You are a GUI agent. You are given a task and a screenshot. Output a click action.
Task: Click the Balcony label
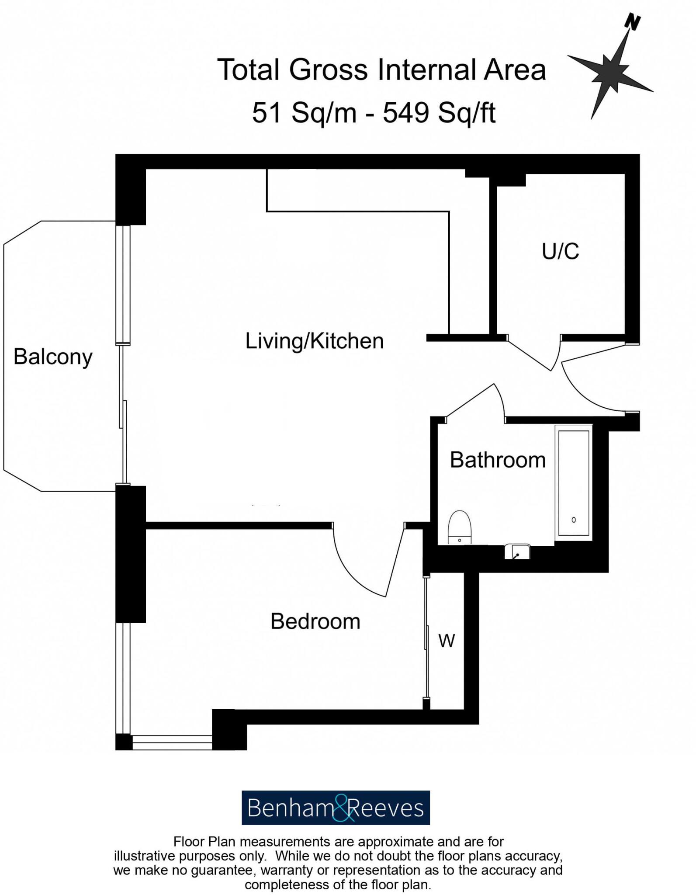point(53,357)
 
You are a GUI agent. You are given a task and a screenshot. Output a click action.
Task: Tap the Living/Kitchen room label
point(314,341)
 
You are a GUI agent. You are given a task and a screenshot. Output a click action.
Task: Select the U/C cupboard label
point(560,251)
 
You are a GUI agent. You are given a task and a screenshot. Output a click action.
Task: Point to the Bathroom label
point(498,460)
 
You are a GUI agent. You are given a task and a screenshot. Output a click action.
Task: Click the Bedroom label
point(315,621)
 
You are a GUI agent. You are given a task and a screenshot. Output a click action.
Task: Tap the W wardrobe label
point(447,641)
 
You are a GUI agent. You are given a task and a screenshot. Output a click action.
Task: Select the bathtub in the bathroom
point(573,483)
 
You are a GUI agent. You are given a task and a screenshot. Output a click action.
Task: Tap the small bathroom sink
point(517,552)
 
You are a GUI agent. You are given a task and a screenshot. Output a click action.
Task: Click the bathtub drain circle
point(574,520)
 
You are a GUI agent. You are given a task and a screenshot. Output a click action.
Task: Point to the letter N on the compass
point(632,22)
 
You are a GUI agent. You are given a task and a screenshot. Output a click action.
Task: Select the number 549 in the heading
point(406,113)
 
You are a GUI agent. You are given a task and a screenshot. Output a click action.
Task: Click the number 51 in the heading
point(266,113)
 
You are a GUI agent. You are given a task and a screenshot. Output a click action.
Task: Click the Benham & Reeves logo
point(336,808)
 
